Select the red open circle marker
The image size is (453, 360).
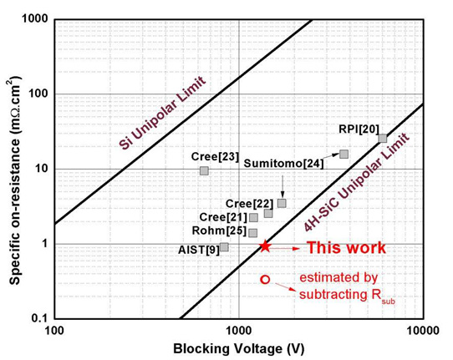265,280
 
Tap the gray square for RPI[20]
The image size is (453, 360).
383,139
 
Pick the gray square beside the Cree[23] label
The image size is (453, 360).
204,170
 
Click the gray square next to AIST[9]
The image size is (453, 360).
224,247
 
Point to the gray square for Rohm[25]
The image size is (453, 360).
252,233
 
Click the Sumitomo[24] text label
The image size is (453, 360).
283,164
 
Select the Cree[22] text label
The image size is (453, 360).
249,204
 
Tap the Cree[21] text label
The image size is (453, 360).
223,217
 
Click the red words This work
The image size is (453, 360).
346,248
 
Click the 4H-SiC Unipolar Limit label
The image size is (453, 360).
357,182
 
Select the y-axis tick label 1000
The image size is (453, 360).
34,19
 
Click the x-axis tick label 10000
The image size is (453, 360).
423,331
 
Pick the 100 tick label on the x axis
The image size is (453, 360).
54,331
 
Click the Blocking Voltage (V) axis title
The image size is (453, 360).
239,349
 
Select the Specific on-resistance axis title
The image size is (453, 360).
15,180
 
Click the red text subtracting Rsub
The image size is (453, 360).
347,296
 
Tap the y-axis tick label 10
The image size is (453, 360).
42,169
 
